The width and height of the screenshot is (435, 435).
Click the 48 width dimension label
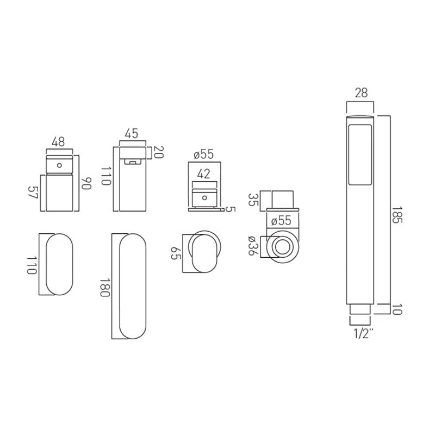click(x=58, y=142)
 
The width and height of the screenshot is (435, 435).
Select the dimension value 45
click(x=131, y=133)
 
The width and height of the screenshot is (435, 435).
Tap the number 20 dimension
click(x=159, y=152)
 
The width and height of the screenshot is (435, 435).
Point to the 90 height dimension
click(x=86, y=183)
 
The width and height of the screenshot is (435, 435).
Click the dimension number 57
click(x=33, y=192)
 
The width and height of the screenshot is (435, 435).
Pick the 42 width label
click(x=204, y=174)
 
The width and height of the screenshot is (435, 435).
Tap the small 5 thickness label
click(x=230, y=209)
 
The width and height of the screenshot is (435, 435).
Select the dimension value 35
click(x=253, y=200)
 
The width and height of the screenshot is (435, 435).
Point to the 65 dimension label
click(x=175, y=253)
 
